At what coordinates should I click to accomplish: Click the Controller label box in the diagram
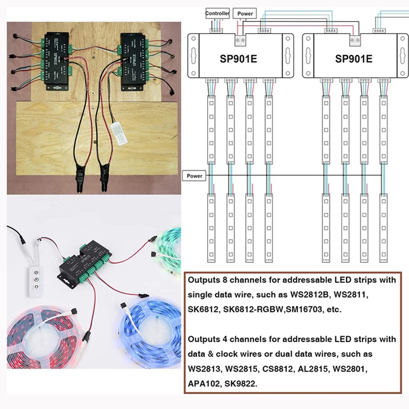[217, 13]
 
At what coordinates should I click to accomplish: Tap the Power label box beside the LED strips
[194, 176]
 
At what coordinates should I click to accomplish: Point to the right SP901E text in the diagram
[353, 58]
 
